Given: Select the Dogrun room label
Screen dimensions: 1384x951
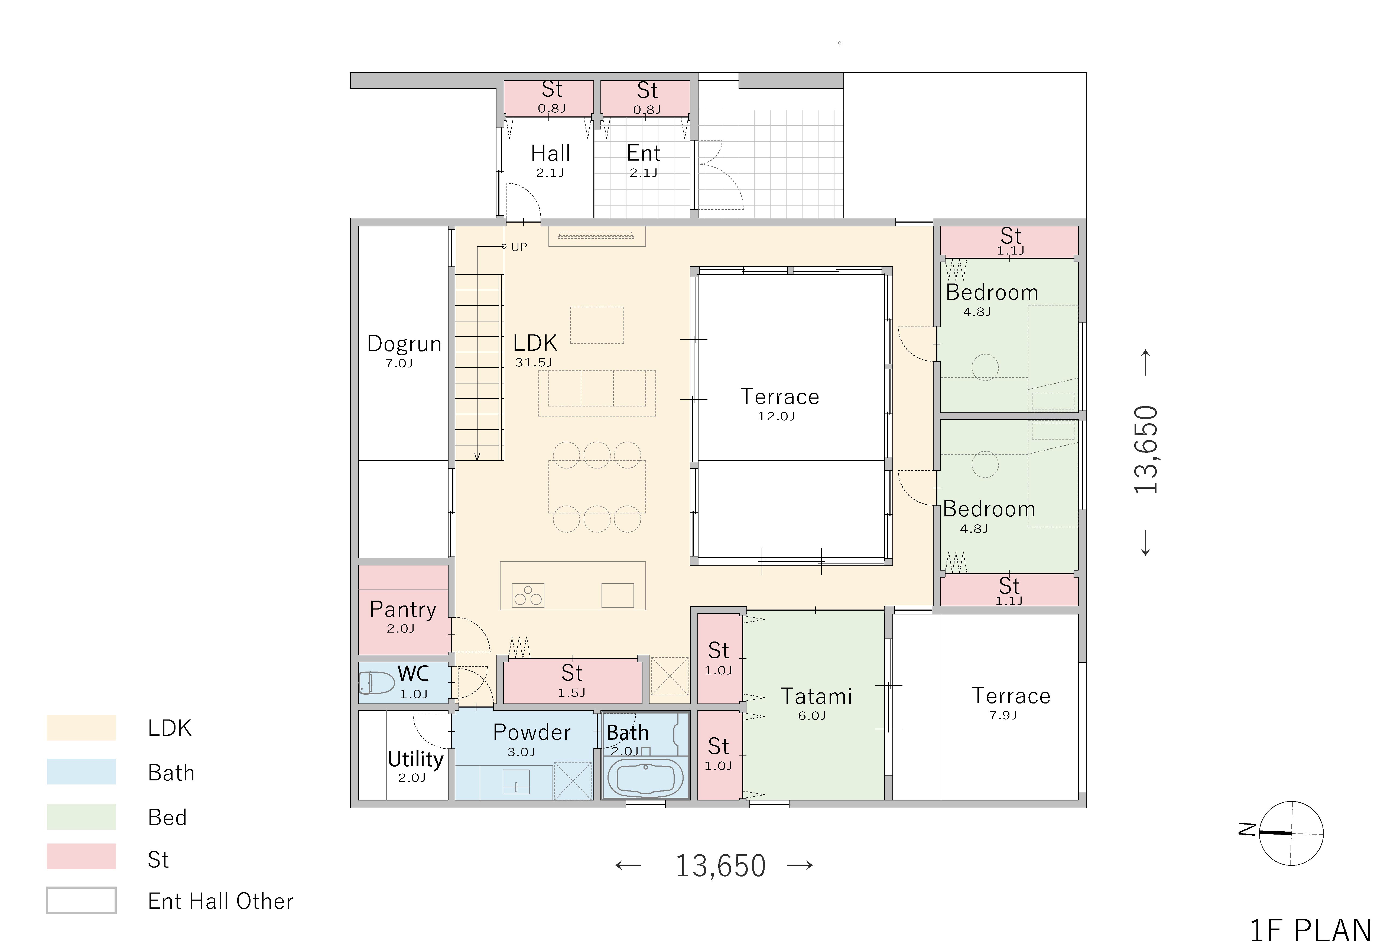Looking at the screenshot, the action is pyautogui.click(x=404, y=344).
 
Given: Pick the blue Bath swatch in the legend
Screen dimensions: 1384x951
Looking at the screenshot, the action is pyautogui.click(x=81, y=771).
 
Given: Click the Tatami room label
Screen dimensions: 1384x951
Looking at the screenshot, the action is pyautogui.click(x=816, y=696).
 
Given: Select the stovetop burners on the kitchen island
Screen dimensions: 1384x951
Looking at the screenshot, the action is pyautogui.click(x=528, y=595).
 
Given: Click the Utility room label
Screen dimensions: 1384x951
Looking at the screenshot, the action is pyautogui.click(x=415, y=759).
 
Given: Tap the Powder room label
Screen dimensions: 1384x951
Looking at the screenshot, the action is pyautogui.click(x=532, y=732).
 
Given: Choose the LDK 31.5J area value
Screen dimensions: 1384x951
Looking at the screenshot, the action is pyautogui.click(x=534, y=362).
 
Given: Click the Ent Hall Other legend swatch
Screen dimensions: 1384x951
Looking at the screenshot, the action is pyautogui.click(x=81, y=900).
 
